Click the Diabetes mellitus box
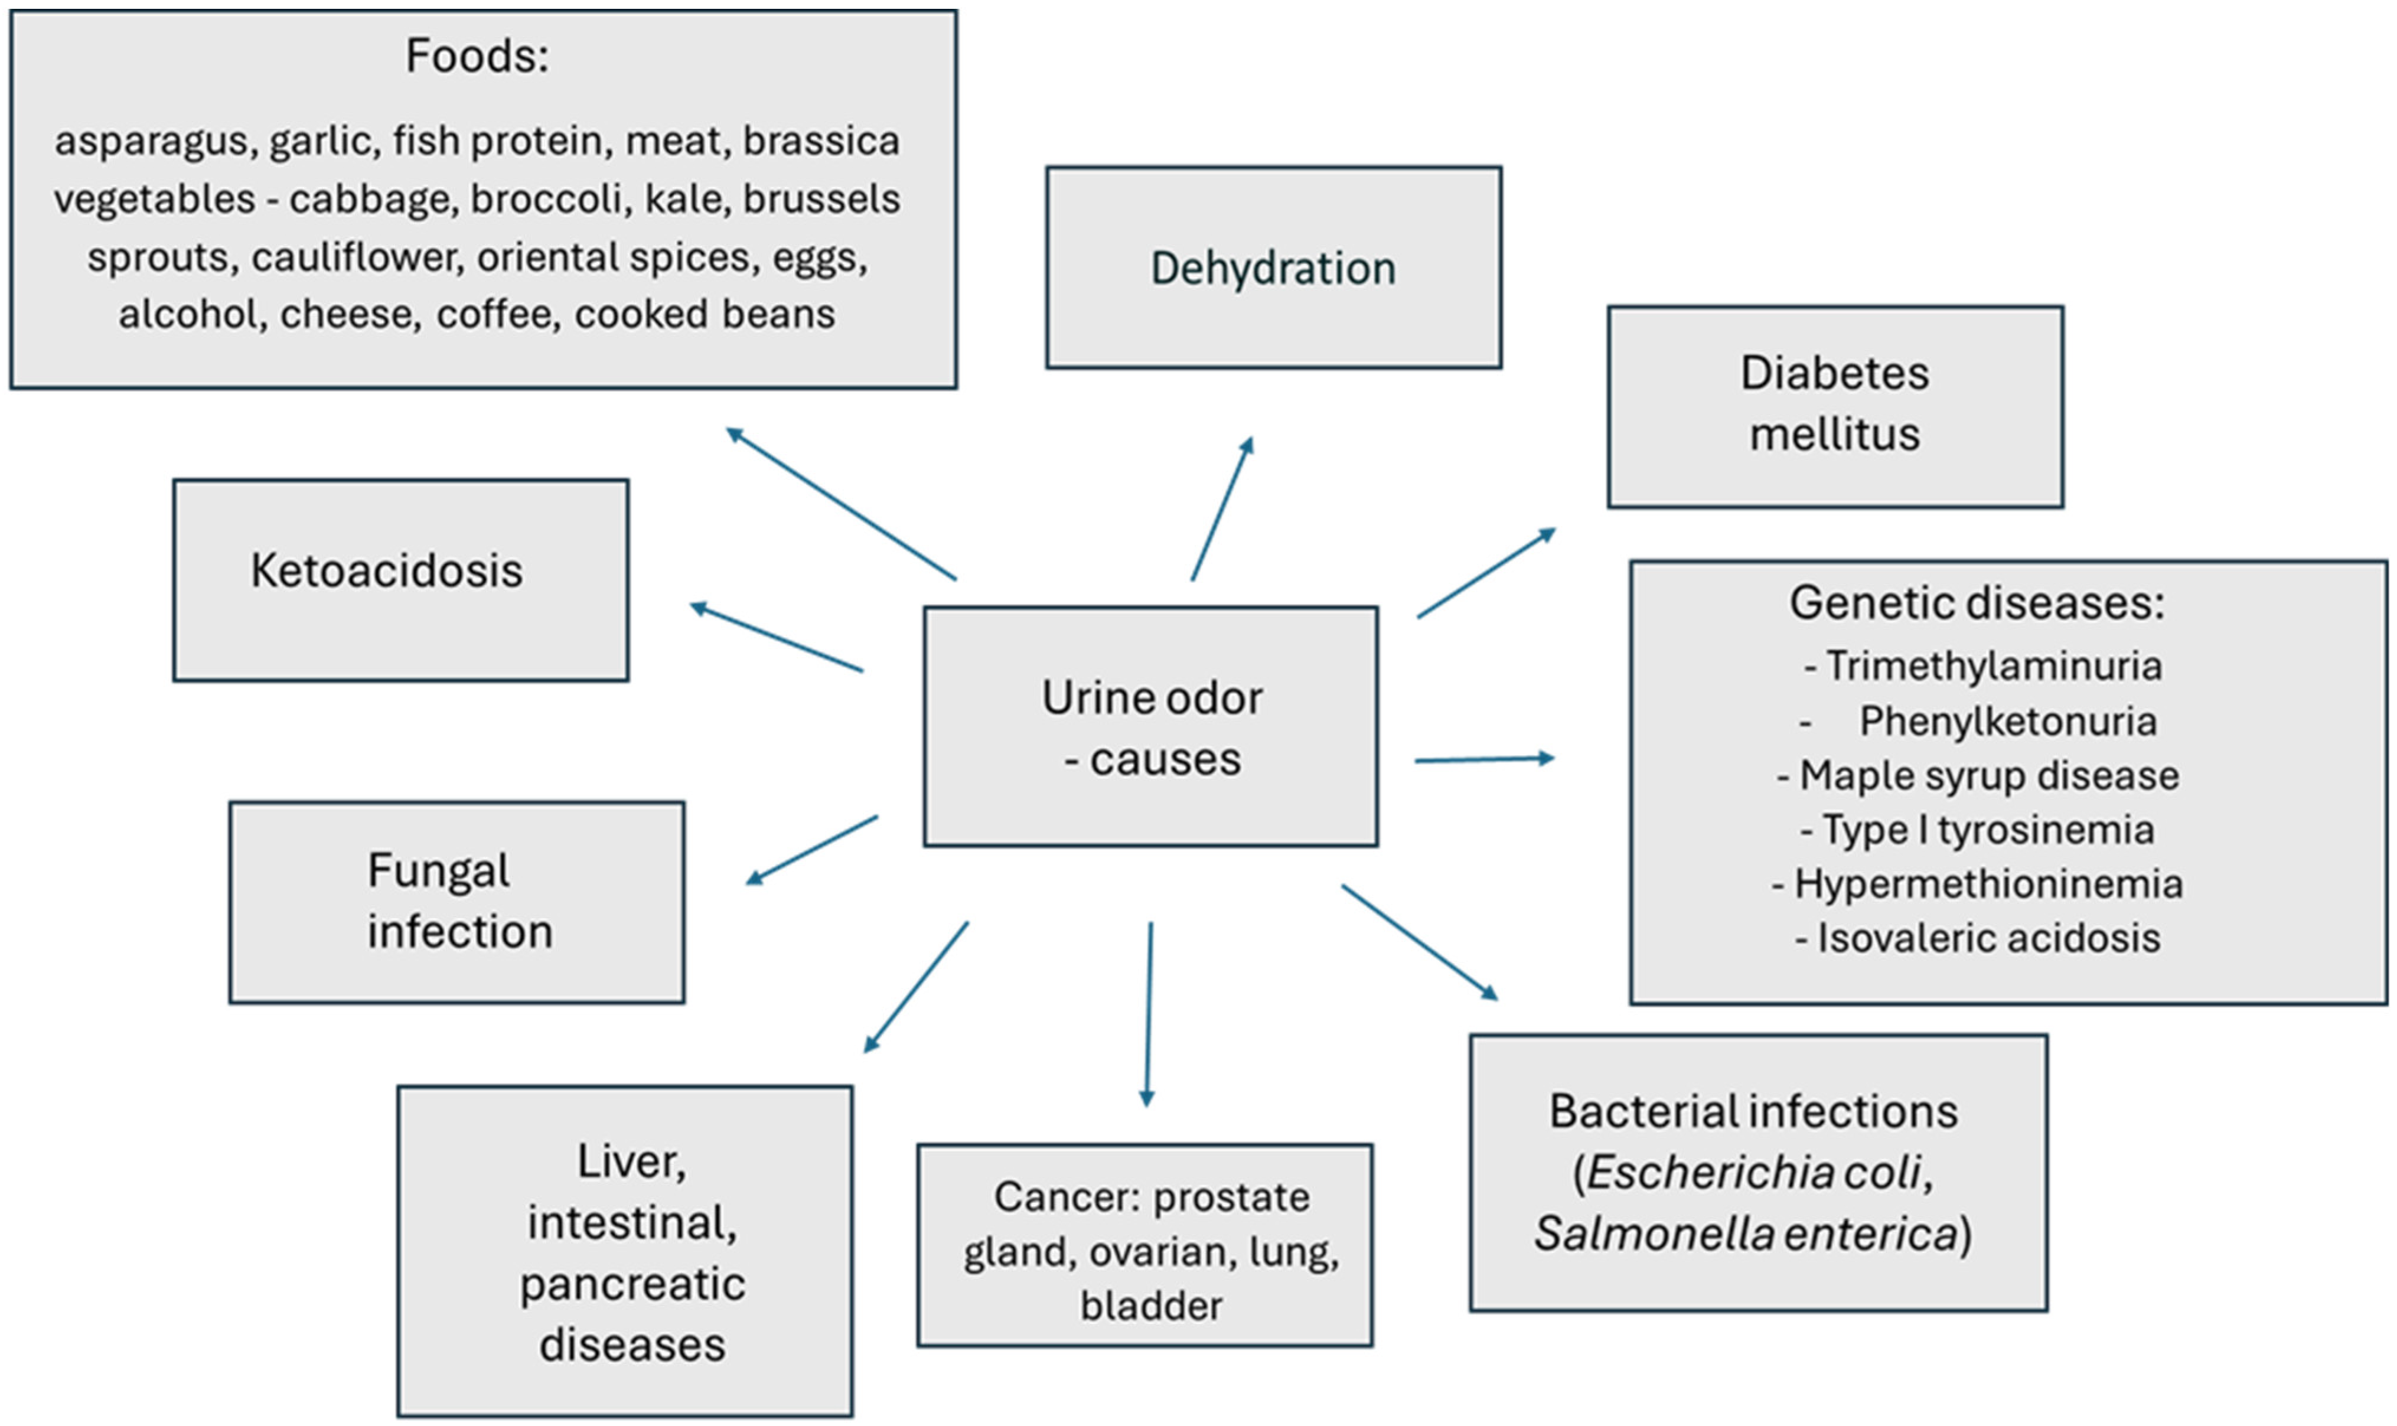[x=1834, y=406]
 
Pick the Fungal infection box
[x=456, y=901]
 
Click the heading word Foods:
[x=477, y=56]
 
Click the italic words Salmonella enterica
[x=1744, y=1233]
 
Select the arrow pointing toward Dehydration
[x=1222, y=509]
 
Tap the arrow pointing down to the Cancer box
[x=1149, y=1014]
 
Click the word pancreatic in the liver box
[x=632, y=1284]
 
